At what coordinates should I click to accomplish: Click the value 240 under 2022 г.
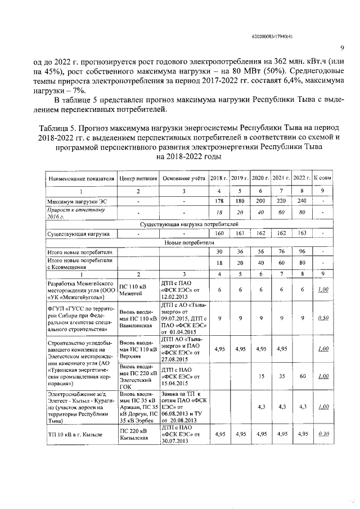302,201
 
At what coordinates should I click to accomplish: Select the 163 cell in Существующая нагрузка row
302,232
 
